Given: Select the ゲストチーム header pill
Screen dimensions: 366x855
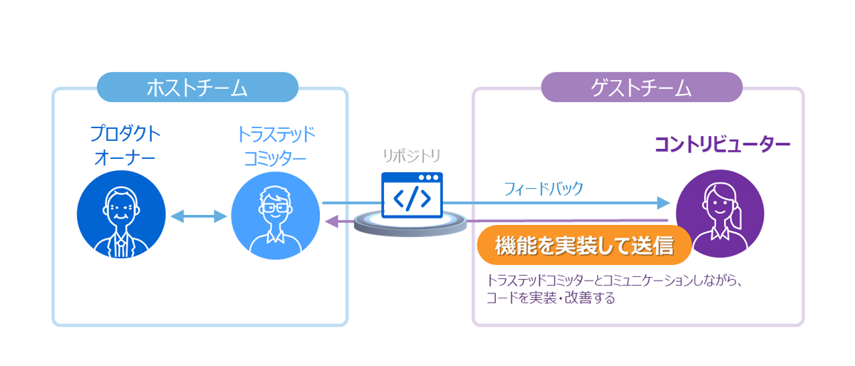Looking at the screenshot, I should [x=641, y=88].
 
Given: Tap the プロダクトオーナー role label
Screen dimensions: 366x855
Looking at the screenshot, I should [x=125, y=145].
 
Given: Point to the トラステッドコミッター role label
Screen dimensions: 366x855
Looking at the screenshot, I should [x=276, y=145].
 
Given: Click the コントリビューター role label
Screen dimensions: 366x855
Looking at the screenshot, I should [x=722, y=145].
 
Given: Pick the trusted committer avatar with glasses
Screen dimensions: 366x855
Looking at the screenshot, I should [x=275, y=214].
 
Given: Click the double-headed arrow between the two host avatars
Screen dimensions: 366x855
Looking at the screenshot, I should [x=199, y=216].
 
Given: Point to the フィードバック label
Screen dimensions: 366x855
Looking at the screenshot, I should [x=543, y=189].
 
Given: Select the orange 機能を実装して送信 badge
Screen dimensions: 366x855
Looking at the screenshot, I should [x=584, y=246].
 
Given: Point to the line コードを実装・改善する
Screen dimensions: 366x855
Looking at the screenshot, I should [x=550, y=298].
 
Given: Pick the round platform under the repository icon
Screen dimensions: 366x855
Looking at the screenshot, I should [x=410, y=224].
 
